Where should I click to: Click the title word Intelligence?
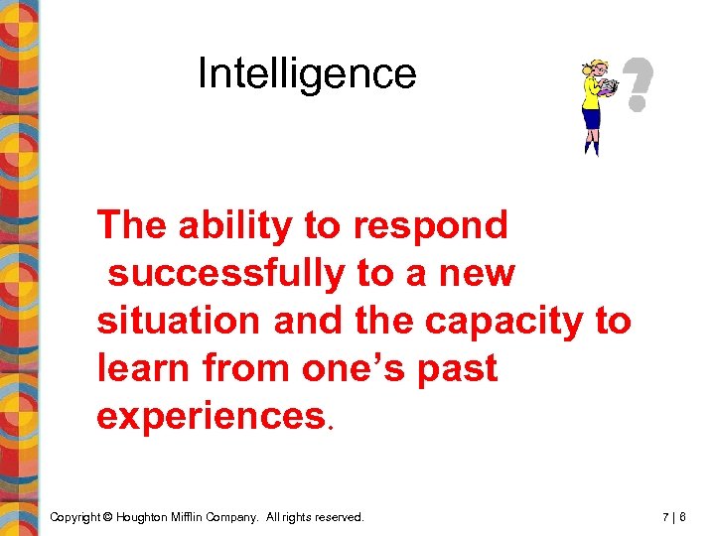(307, 73)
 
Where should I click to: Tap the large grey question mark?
(636, 83)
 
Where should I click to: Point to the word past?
(458, 369)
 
